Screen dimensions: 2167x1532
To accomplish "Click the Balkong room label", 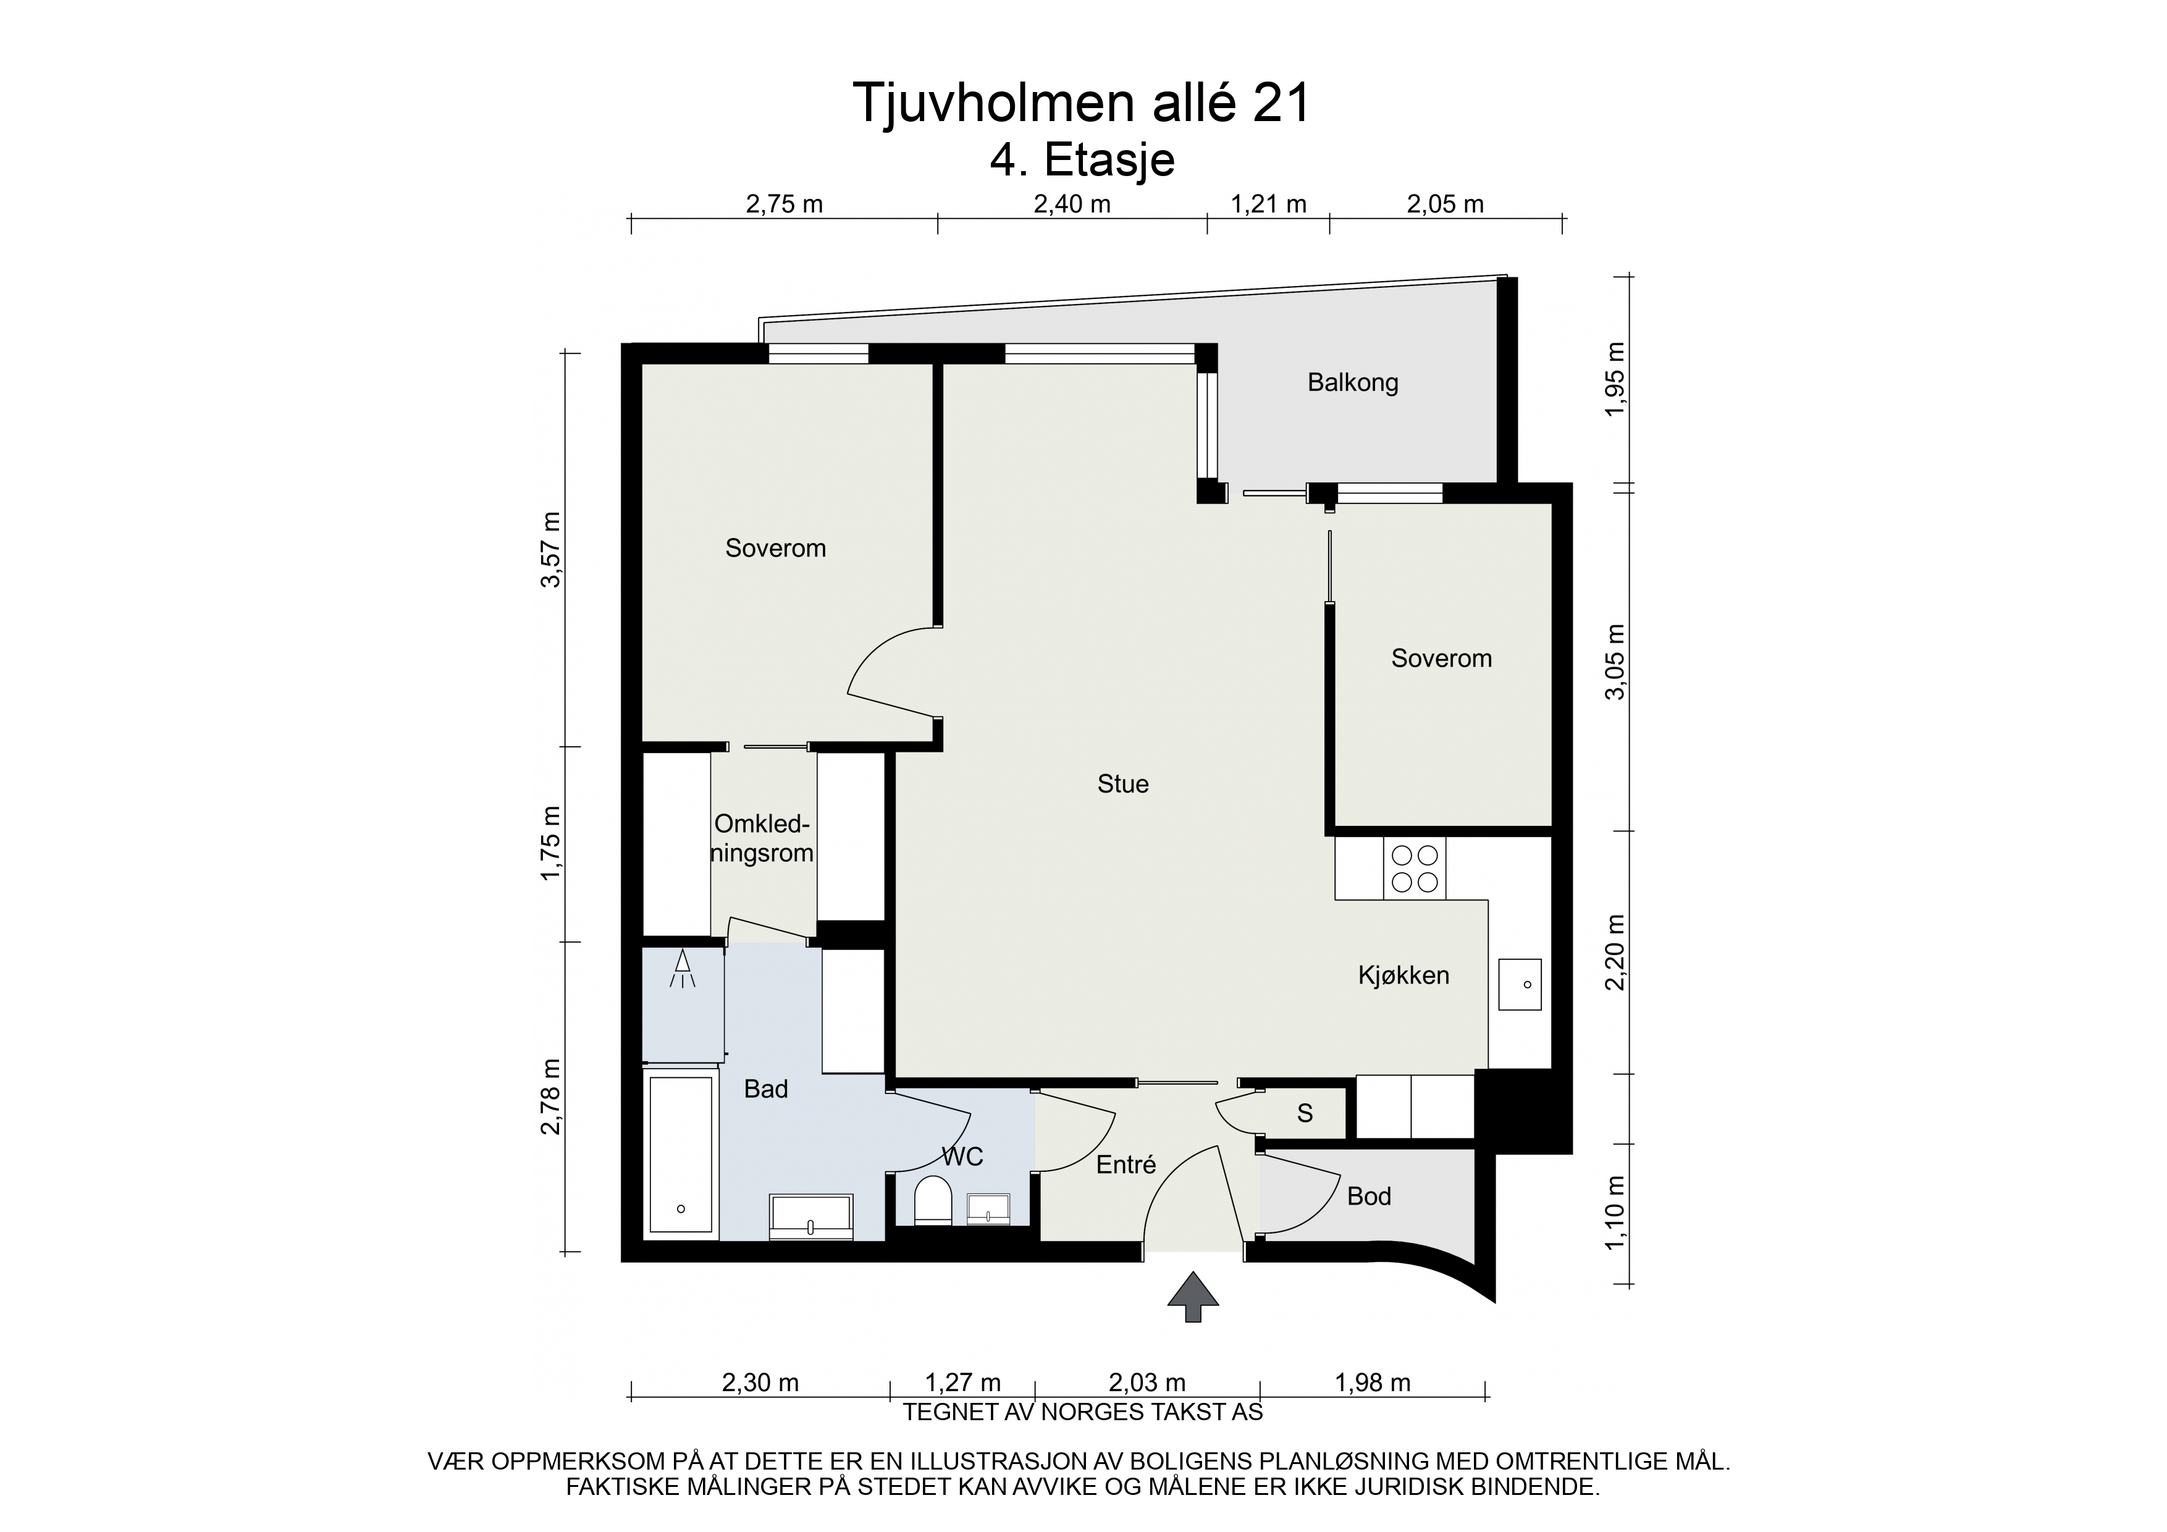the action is (x=1352, y=383).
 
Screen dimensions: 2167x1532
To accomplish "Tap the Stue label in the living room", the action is (x=1123, y=783).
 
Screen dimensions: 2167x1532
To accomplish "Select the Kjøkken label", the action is (x=1403, y=975).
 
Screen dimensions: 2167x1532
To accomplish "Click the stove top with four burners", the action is (x=1415, y=869).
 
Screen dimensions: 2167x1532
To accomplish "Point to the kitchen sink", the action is (x=1520, y=985).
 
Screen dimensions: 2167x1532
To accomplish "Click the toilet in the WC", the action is (x=933, y=1200).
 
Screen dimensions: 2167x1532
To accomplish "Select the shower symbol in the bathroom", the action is (x=683, y=969).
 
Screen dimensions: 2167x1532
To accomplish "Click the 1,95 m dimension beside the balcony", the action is (x=1616, y=379).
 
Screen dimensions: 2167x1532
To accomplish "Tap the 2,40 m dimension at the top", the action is (x=1072, y=204).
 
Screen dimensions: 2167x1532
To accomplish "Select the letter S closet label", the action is (x=1305, y=1114).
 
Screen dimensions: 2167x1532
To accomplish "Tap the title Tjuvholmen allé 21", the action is (x=1082, y=103).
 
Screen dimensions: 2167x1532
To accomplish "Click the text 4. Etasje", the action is (x=1082, y=161).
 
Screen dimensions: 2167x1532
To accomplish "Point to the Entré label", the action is (x=1126, y=1166).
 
